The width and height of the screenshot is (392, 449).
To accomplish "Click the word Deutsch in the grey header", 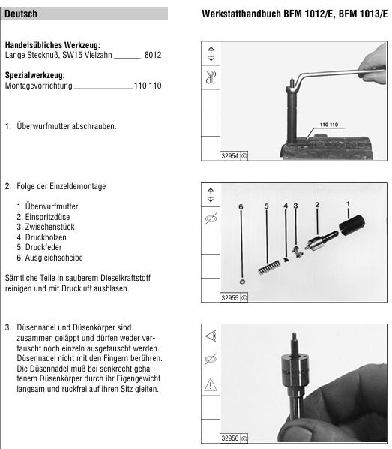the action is pyautogui.click(x=21, y=14).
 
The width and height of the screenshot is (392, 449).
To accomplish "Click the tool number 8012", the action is pyautogui.click(x=153, y=55).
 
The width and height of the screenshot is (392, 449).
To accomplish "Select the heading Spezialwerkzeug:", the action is pyautogui.click(x=35, y=75).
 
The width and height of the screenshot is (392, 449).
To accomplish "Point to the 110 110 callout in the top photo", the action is pyautogui.click(x=329, y=125).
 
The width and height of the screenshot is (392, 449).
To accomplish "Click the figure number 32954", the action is pyautogui.click(x=230, y=156).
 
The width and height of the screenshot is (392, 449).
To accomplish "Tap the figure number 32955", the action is pyautogui.click(x=230, y=298).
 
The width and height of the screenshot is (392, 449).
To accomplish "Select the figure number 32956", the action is pyautogui.click(x=230, y=438).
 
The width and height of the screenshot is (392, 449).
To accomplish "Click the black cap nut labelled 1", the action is pyautogui.click(x=352, y=225).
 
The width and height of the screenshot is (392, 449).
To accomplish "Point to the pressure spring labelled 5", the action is pyautogui.click(x=269, y=267).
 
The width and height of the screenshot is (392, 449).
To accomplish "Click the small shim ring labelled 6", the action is pyautogui.click(x=242, y=282).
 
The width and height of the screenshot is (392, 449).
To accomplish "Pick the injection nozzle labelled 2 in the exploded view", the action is pyautogui.click(x=321, y=240).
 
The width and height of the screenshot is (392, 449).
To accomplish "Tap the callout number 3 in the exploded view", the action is pyautogui.click(x=295, y=206).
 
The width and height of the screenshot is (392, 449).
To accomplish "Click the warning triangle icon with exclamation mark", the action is pyautogui.click(x=211, y=384).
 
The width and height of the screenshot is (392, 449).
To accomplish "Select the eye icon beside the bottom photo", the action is pyautogui.click(x=211, y=336).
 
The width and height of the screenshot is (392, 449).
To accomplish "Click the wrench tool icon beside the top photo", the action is pyautogui.click(x=211, y=77).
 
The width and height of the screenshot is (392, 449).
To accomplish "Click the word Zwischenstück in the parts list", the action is pyautogui.click(x=49, y=227).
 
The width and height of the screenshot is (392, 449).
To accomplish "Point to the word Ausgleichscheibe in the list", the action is pyautogui.click(x=54, y=258).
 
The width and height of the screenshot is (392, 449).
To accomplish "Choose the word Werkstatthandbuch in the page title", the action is pyautogui.click(x=241, y=14).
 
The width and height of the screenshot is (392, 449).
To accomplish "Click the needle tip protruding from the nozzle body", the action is pyautogui.click(x=294, y=334).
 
